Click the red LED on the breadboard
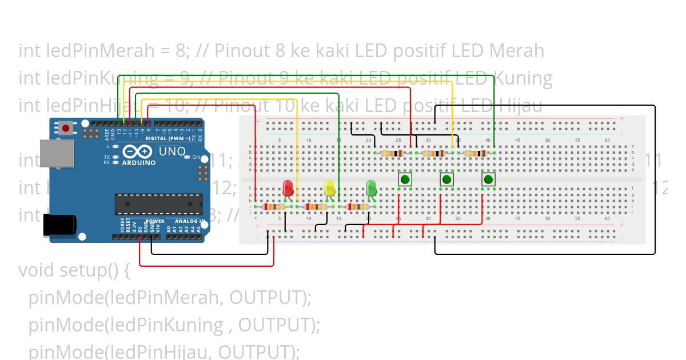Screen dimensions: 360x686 point(288,187)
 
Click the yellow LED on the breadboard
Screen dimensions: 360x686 point(329,187)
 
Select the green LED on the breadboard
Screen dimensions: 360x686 point(371,187)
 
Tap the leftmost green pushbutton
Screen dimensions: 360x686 point(405,179)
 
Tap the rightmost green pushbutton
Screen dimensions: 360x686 point(488,179)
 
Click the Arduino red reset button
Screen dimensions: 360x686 point(66,128)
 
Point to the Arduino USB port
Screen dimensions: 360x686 point(56,153)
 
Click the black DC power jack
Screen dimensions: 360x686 point(59,225)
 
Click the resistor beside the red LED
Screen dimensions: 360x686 point(275,207)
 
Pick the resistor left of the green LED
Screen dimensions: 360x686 point(358,207)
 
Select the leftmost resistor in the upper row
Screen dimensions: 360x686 point(392,153)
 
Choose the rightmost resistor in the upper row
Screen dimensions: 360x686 point(476,153)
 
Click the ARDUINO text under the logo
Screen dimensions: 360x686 point(139,163)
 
